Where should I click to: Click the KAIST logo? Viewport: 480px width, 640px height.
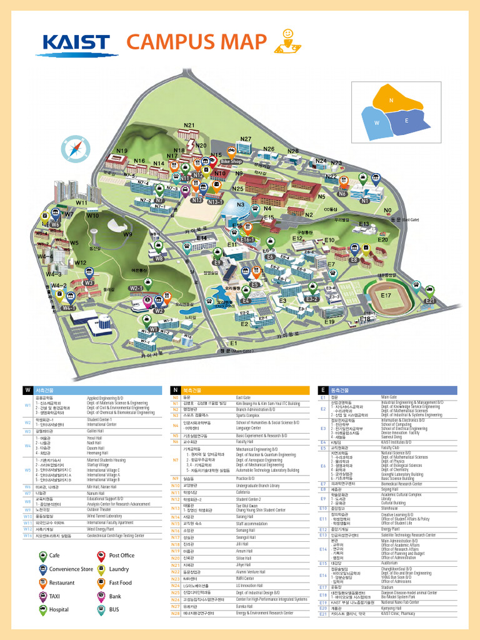80,44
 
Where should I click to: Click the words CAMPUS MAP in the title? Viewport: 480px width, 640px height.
196,42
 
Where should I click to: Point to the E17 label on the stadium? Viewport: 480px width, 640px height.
386,295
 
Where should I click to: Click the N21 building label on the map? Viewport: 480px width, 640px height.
189,125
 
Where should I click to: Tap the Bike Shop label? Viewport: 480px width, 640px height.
231,161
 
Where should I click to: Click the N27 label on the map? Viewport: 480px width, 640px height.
246,139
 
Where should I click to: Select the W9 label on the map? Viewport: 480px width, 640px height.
127,234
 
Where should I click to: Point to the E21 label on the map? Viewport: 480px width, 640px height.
429,301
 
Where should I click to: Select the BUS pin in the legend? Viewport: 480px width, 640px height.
101,608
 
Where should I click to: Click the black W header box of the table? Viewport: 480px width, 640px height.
27,390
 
